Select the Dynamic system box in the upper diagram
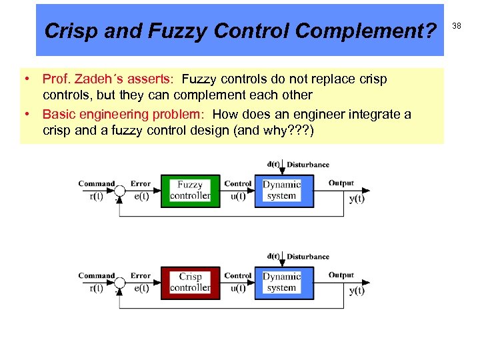(281, 190)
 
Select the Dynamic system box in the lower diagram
(281, 282)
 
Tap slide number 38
(457, 25)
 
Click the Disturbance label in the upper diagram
(308, 165)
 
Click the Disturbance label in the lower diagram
(308, 257)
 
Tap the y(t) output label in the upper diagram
(357, 198)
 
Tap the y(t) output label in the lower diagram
(357, 290)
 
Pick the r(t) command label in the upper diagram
(97, 196)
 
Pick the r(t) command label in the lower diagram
(97, 288)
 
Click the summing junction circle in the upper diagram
(119, 191)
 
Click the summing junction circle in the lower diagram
(119, 283)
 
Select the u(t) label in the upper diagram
(238, 196)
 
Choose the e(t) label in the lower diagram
(141, 288)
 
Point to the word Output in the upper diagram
(341, 183)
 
